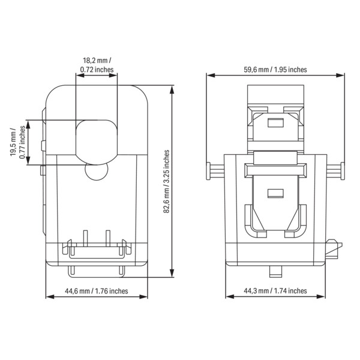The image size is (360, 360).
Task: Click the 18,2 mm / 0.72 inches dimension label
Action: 97,65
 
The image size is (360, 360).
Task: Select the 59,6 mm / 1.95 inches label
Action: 275,70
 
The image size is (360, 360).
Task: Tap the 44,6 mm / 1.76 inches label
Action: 97,291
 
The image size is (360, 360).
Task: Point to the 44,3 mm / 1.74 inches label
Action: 275,291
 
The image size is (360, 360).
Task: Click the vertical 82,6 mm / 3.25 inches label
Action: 166,181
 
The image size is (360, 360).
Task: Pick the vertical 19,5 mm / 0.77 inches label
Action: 17,142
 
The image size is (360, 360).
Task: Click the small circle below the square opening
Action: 97,171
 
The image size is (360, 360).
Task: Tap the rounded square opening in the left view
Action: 97,142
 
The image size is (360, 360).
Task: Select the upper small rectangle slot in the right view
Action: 275,123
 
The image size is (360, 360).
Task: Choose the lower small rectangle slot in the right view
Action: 275,193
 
